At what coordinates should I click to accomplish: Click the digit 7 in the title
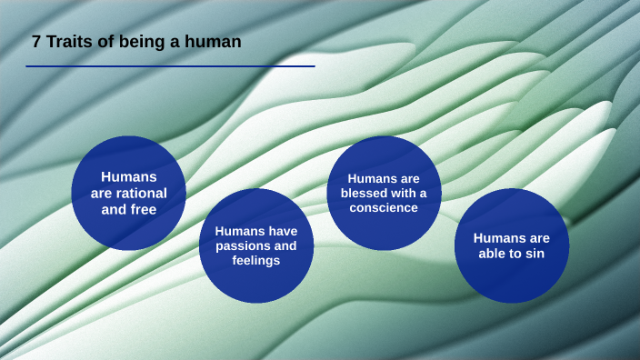coord(36,41)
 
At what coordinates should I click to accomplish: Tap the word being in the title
coord(135,41)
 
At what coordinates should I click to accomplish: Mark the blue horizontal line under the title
coord(170,66)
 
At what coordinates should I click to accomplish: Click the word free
coord(142,209)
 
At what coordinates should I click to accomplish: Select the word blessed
coord(365,193)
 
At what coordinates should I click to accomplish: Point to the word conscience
coord(384,207)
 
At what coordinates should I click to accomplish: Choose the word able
coord(496,254)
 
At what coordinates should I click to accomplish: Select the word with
coord(405,193)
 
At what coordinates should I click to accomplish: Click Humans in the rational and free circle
coord(129,176)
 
